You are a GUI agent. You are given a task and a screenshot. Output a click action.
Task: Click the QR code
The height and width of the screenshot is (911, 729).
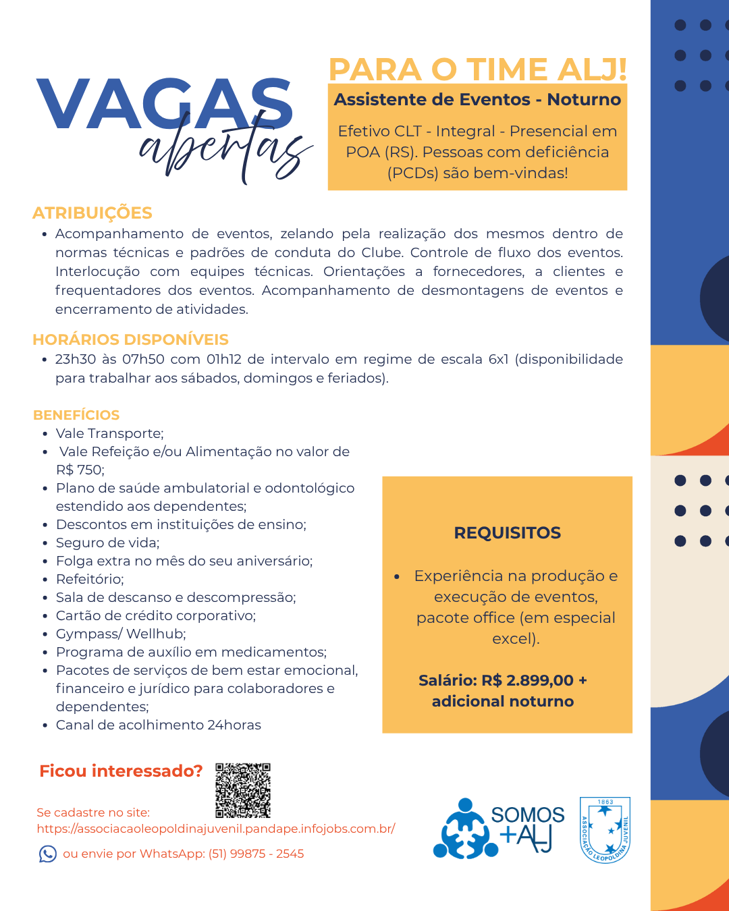[243, 790]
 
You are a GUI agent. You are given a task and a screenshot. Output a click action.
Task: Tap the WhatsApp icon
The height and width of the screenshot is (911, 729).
[48, 854]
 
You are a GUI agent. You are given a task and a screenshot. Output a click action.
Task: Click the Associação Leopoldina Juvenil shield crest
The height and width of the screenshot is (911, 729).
[605, 830]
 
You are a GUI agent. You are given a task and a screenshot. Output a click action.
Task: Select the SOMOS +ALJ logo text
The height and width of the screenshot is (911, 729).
[527, 829]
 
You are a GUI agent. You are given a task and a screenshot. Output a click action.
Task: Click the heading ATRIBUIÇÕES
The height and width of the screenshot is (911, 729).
[92, 213]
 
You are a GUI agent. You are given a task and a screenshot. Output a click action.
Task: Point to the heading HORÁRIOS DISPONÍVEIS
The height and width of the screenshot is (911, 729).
[130, 339]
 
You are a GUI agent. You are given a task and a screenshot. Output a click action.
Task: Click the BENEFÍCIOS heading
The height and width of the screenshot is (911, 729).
[76, 415]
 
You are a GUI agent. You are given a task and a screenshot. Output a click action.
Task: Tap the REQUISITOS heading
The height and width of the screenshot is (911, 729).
[507, 533]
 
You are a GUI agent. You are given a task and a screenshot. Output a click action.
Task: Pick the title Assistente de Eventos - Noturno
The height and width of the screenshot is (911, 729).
[477, 100]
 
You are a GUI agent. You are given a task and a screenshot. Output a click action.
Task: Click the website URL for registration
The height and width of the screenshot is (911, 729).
[216, 829]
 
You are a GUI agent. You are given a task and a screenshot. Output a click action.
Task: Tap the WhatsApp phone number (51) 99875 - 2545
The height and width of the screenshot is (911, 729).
[256, 854]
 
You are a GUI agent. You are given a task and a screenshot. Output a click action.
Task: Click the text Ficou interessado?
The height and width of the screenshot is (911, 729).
[121, 771]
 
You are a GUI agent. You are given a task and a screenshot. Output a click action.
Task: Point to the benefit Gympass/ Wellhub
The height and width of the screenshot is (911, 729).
[121, 634]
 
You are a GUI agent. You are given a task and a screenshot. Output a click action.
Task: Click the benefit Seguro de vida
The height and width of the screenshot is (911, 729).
[108, 543]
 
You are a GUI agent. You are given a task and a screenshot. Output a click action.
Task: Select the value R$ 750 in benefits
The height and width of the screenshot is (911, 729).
[79, 470]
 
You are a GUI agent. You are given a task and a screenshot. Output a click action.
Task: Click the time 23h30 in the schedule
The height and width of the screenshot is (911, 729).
[76, 359]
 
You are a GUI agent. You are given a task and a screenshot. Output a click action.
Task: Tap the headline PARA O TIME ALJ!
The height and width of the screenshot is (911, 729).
[477, 69]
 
